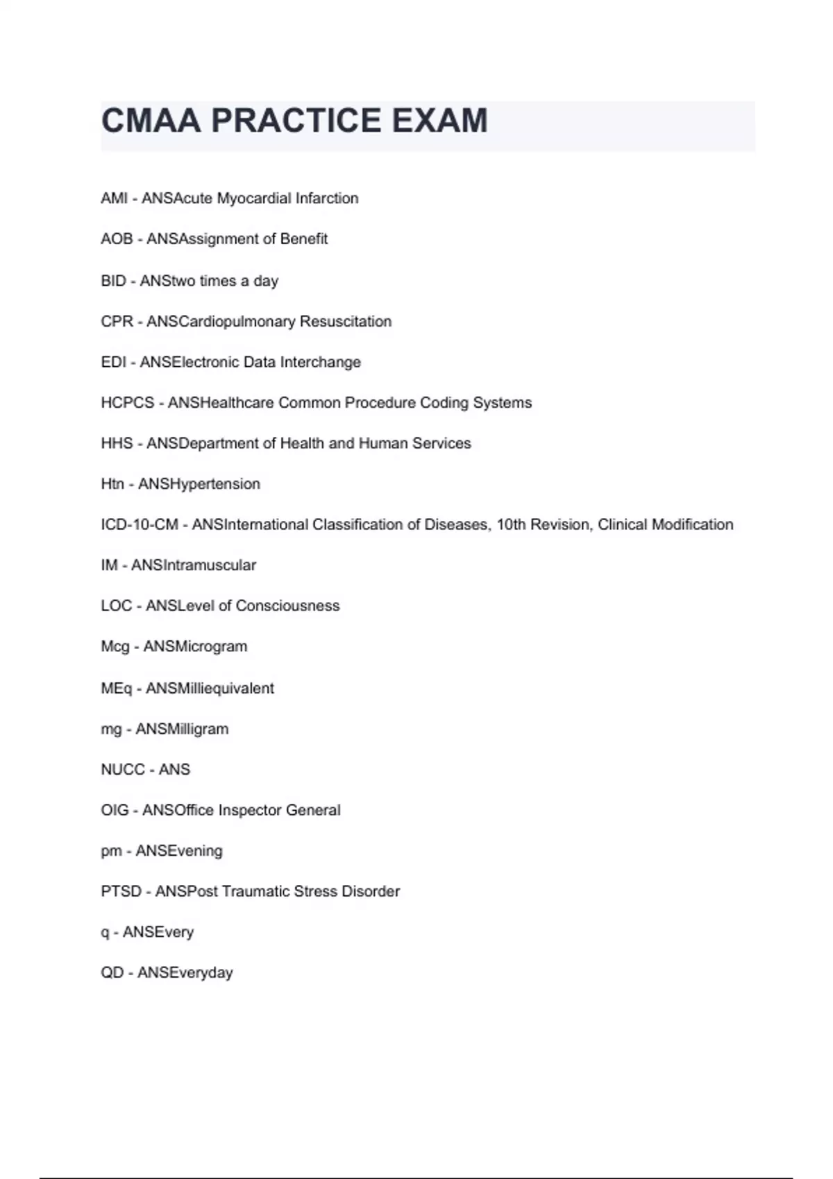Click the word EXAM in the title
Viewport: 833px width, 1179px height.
tap(439, 121)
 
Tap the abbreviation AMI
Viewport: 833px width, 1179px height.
tap(114, 198)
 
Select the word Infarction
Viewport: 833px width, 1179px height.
tap(327, 198)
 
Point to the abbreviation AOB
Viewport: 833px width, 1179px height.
tap(117, 239)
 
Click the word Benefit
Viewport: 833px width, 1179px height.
tap(303, 239)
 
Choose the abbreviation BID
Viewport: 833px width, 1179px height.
tap(113, 281)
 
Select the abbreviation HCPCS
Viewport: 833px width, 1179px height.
tap(127, 403)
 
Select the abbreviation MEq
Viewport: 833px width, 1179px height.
tap(116, 689)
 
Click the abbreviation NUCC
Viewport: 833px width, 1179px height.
tap(123, 770)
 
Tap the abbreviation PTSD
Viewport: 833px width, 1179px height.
tap(121, 892)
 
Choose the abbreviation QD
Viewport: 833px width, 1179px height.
tap(112, 973)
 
